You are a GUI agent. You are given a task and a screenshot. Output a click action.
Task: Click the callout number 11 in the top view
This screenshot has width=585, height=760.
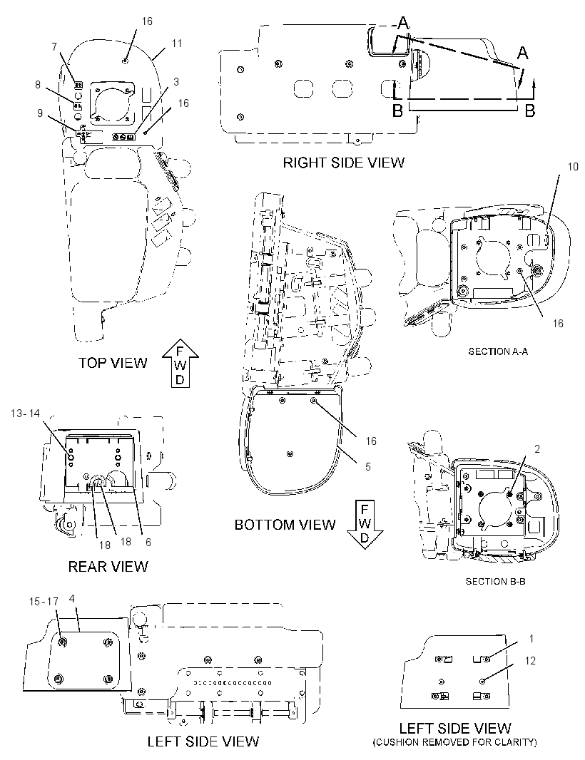click(177, 43)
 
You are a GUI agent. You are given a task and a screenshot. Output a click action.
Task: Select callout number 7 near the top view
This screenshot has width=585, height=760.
click(54, 47)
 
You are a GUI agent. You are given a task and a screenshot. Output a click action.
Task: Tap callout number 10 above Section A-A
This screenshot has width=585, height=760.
click(573, 167)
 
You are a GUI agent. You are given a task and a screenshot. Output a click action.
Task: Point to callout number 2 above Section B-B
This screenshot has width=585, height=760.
click(537, 449)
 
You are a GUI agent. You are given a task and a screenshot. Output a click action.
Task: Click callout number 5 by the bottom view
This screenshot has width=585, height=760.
click(368, 466)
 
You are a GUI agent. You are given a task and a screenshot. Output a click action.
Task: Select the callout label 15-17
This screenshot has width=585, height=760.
click(44, 602)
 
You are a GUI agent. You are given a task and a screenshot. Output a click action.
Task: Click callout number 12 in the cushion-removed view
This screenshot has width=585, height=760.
click(530, 661)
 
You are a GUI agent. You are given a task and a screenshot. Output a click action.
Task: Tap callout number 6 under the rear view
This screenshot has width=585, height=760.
click(148, 542)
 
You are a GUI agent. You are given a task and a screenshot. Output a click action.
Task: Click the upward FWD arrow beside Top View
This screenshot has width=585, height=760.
click(180, 363)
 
